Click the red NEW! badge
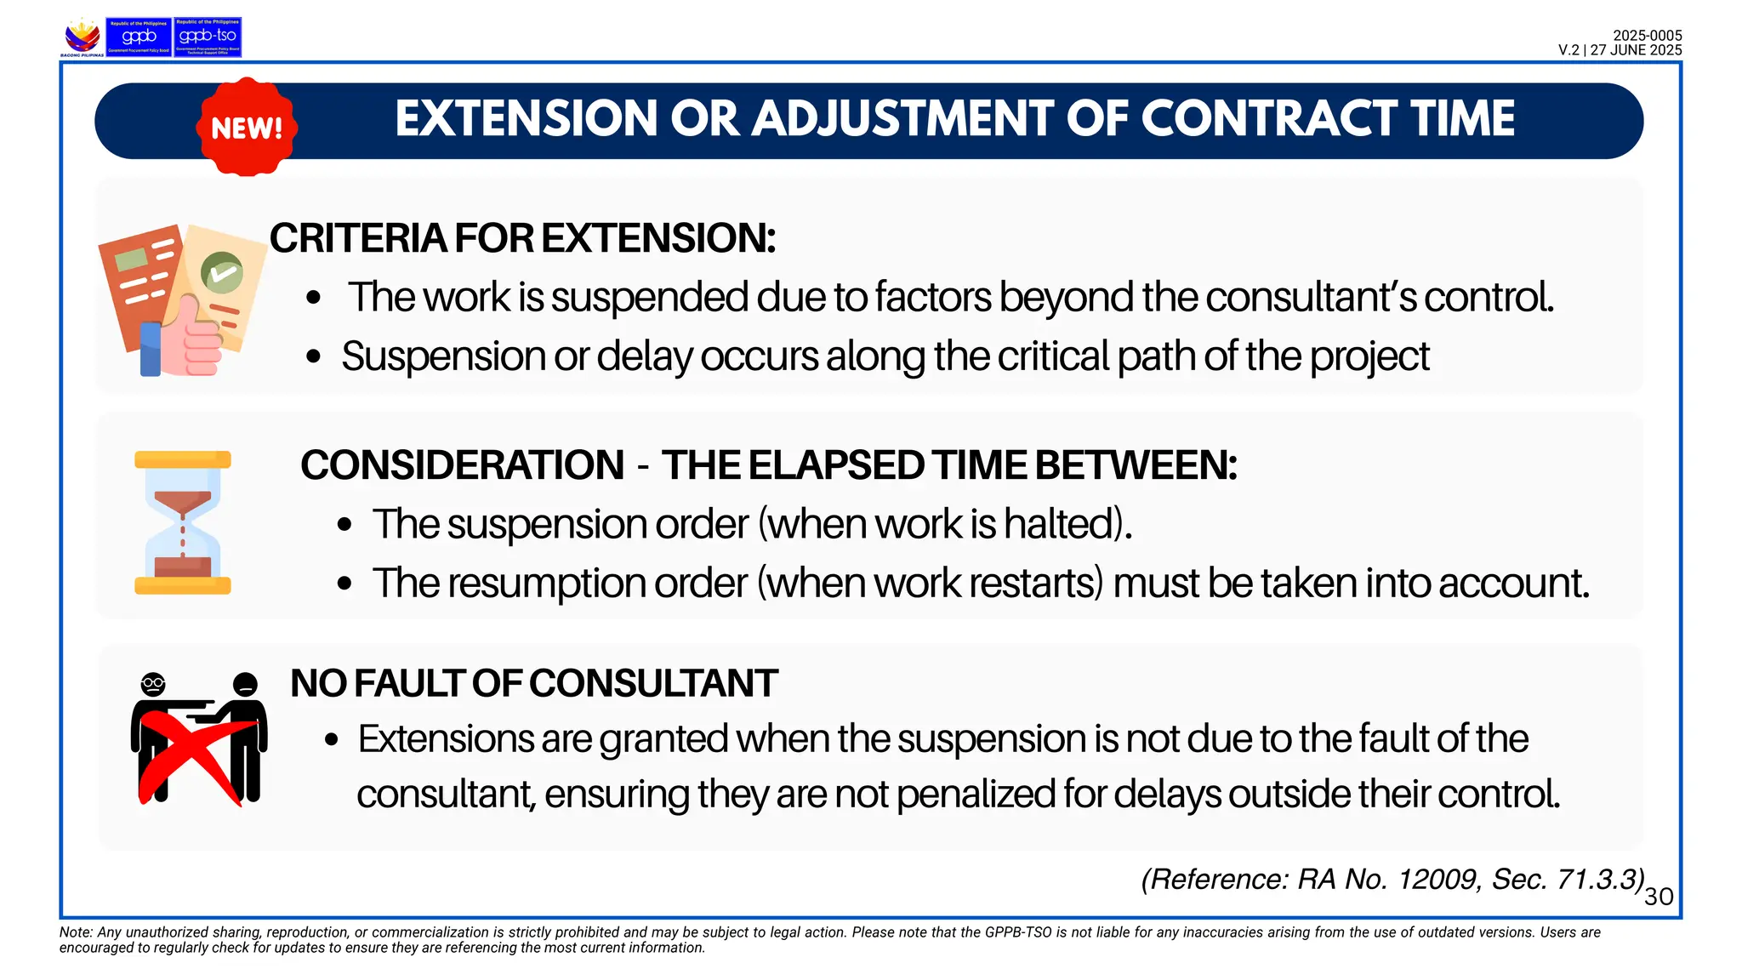(x=247, y=128)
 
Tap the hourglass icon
(x=183, y=522)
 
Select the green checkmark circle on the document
(x=222, y=273)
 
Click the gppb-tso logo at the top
(x=208, y=37)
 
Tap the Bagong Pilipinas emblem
(x=83, y=37)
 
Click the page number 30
(x=1659, y=897)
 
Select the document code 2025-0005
(x=1647, y=36)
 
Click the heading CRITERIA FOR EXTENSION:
(x=522, y=238)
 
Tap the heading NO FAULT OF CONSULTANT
(x=533, y=683)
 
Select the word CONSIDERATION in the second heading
(x=462, y=465)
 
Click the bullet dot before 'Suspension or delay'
(x=314, y=356)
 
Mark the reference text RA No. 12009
(x=1390, y=880)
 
